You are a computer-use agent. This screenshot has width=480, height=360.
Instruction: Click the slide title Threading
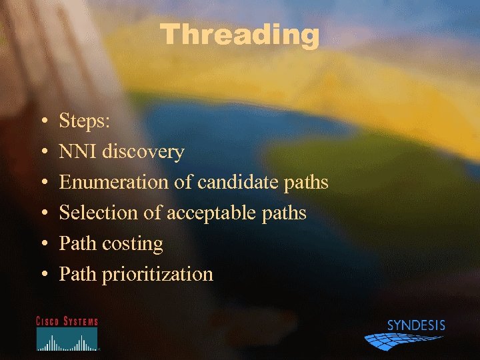point(240,35)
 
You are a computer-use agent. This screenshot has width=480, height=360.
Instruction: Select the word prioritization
point(157,274)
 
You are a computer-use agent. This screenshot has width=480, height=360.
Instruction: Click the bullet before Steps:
point(43,122)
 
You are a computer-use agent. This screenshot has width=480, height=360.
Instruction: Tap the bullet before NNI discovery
point(43,153)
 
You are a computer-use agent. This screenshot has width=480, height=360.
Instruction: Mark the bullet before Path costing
point(43,244)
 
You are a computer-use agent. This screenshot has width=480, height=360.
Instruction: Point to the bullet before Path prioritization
point(43,275)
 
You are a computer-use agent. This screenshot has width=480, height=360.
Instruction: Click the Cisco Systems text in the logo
point(67,321)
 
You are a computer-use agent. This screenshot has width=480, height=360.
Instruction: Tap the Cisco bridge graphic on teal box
point(67,340)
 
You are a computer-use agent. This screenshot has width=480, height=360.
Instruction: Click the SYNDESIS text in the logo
point(416,326)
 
